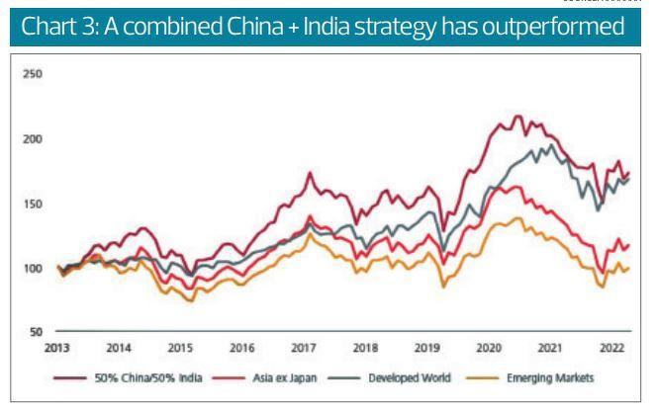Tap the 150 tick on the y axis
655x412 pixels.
pyautogui.click(x=33, y=204)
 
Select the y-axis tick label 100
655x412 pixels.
pyautogui.click(x=33, y=268)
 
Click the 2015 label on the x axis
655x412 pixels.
pyautogui.click(x=179, y=348)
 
